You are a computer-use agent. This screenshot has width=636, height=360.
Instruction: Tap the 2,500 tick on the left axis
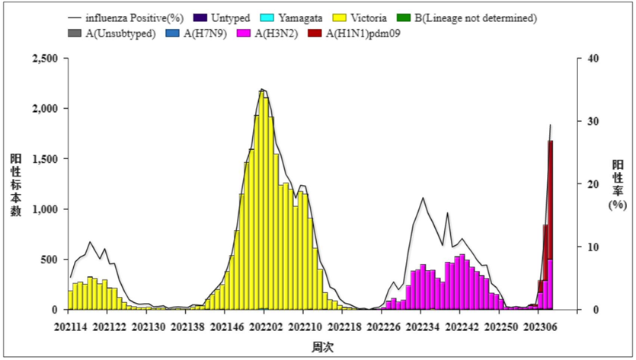click(x=43, y=59)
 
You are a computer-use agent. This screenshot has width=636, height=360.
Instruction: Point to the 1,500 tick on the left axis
click(x=43, y=159)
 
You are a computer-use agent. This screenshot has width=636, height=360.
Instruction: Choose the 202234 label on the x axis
click(x=422, y=327)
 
